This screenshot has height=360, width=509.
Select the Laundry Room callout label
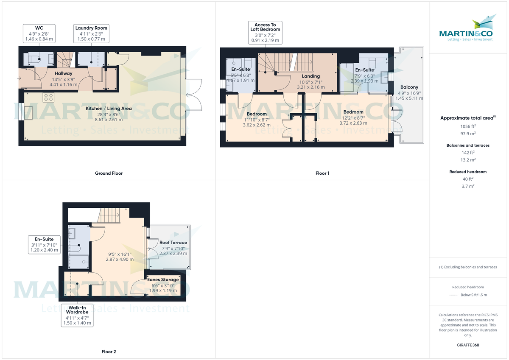click(x=91, y=33)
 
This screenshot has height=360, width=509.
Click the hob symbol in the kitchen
click(x=48, y=98)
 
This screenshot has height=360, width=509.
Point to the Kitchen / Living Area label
click(x=109, y=109)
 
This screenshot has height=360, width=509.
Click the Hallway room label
click(x=63, y=73)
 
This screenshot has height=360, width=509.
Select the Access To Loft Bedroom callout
click(x=265, y=33)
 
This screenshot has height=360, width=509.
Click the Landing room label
click(x=311, y=76)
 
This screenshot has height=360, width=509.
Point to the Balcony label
click(x=409, y=87)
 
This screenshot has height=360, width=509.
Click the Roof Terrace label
click(x=173, y=243)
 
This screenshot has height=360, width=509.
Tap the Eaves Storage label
click(x=163, y=280)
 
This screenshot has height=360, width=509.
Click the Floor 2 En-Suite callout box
click(x=44, y=245)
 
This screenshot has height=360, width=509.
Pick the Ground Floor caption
click(x=109, y=173)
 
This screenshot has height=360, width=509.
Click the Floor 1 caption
click(x=322, y=173)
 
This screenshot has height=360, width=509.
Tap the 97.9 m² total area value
click(x=468, y=133)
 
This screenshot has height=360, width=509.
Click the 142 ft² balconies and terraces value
click(x=468, y=153)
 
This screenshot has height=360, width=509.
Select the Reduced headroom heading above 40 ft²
click(x=468, y=172)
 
